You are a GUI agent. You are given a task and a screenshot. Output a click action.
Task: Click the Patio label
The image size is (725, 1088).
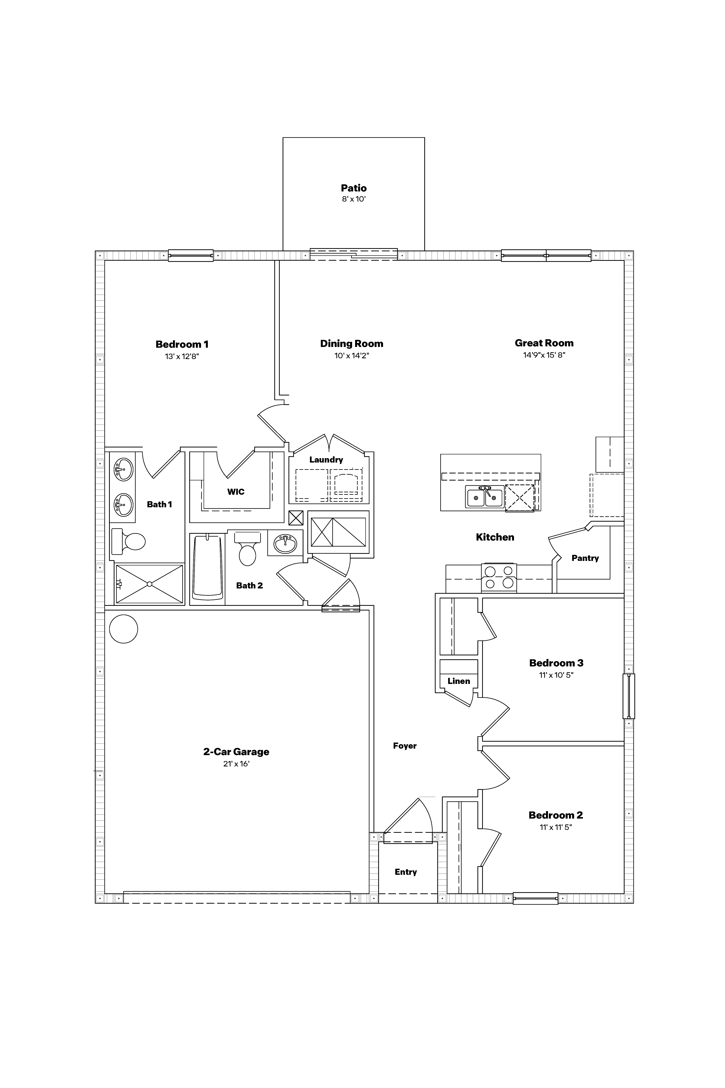354,188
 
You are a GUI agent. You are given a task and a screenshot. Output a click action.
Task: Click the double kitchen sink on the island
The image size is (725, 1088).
485,497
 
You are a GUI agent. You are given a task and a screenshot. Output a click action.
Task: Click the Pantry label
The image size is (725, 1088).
585,558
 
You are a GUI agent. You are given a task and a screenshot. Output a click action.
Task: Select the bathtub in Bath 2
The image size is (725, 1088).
208,568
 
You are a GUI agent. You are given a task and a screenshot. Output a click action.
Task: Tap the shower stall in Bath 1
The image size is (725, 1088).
149,584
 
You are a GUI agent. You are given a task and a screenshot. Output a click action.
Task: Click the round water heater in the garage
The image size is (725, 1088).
123,629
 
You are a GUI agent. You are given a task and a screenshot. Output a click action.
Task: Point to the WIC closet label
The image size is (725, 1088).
236,492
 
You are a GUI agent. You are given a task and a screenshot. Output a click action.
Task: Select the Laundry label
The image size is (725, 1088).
326,459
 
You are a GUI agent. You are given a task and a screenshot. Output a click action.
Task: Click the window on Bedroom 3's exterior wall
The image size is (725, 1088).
629,696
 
